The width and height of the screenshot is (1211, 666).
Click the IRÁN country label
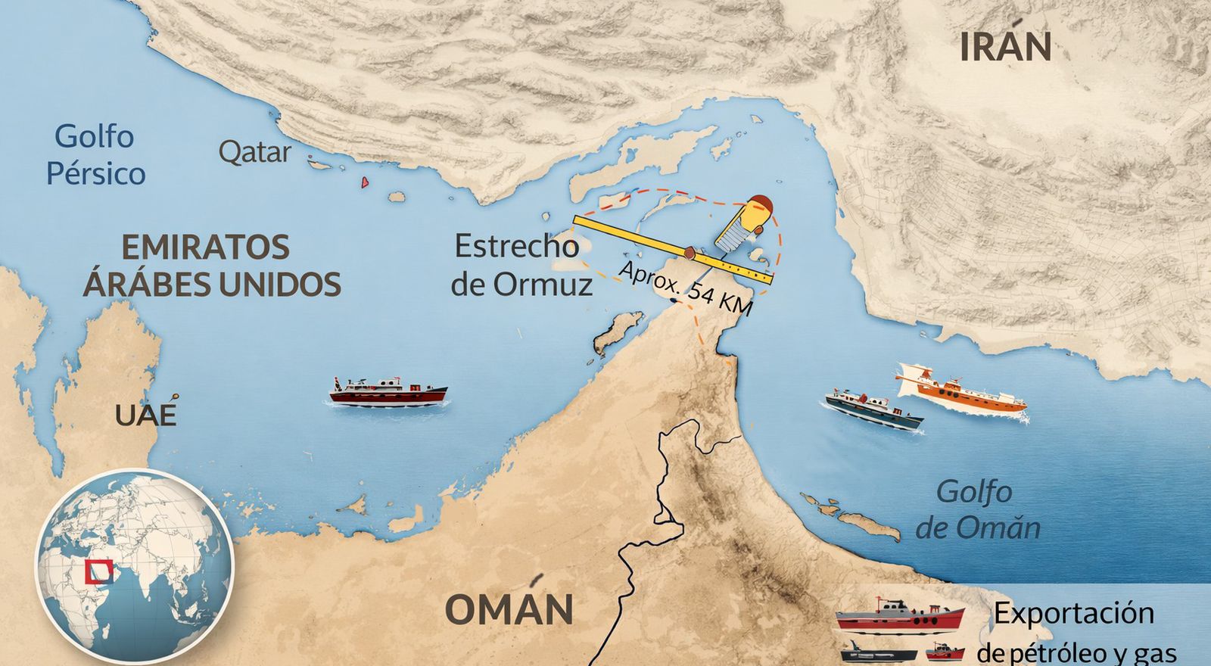click(x=1005, y=47)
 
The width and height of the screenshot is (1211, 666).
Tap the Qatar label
click(x=254, y=153)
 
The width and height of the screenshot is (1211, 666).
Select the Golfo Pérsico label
click(x=95, y=155)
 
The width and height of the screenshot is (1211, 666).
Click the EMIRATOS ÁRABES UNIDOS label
click(x=211, y=266)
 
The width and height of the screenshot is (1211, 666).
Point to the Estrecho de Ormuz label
click(x=521, y=265)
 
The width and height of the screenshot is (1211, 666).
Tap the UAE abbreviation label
click(x=146, y=415)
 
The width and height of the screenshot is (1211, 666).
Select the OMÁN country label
click(x=508, y=609)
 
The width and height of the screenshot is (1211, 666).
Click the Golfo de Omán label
click(x=976, y=509)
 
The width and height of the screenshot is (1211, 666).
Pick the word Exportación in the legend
click(x=1073, y=613)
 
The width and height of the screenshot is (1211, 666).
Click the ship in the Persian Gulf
click(x=388, y=392)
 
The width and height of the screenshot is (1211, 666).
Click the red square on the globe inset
click(x=99, y=572)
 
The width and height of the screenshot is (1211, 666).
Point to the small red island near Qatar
click(x=365, y=182)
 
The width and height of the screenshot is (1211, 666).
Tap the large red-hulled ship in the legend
click(x=899, y=616)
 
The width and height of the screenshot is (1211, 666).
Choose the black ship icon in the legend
click(x=878, y=652)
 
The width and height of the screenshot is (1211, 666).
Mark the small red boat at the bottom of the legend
click(x=945, y=651)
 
